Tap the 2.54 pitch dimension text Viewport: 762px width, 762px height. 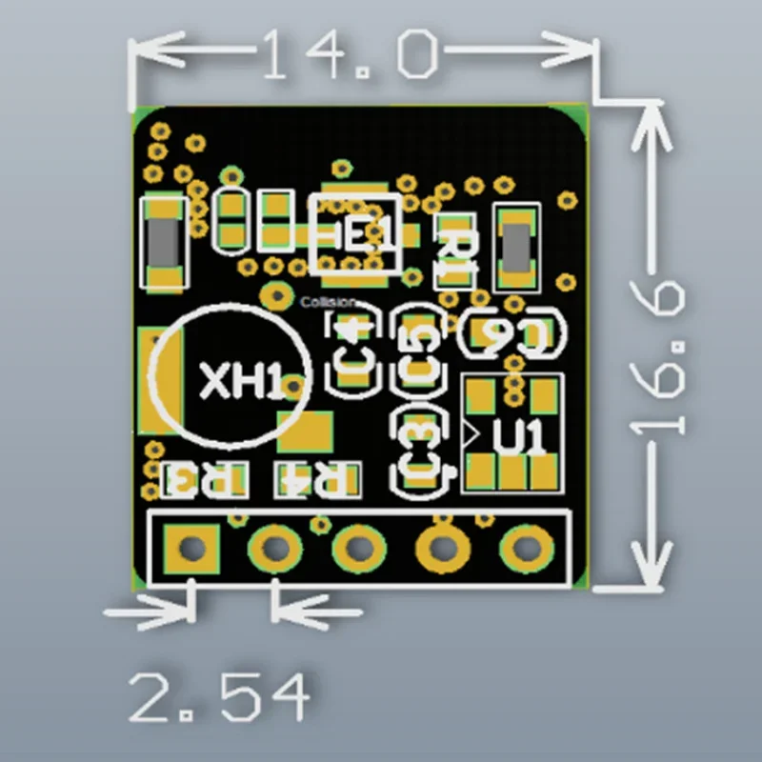pos(219,696)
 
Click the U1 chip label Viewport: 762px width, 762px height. pos(520,438)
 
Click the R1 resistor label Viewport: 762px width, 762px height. pos(455,254)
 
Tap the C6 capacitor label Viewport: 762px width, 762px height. pos(515,334)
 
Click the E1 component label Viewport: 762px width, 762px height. pos(358,233)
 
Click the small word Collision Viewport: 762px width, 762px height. pos(327,303)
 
